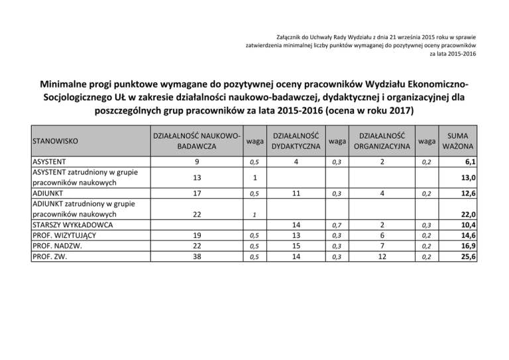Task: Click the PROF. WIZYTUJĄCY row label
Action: pyautogui.click(x=65, y=235)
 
